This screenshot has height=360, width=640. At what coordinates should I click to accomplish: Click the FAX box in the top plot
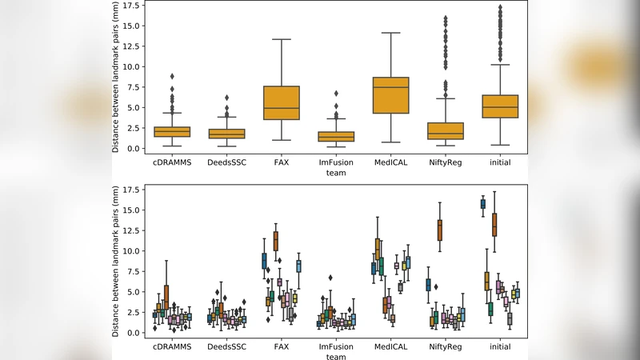point(282,102)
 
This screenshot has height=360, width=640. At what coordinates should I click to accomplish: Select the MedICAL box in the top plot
point(392,95)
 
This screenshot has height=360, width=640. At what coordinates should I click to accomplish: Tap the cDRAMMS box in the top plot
point(172,132)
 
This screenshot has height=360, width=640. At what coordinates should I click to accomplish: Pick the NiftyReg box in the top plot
point(446,130)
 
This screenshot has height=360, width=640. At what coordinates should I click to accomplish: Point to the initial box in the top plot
point(501,106)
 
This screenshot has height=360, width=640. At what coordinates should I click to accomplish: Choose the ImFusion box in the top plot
point(337,136)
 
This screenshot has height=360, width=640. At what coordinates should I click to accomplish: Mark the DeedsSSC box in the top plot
point(227,134)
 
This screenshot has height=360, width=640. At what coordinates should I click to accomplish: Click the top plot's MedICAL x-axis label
point(392,163)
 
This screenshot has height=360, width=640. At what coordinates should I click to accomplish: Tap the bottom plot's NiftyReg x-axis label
point(446,347)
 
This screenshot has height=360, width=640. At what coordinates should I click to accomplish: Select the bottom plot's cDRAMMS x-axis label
point(172,347)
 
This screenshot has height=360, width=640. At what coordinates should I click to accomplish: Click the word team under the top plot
point(337,174)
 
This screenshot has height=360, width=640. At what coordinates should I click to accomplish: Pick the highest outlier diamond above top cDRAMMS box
point(172,77)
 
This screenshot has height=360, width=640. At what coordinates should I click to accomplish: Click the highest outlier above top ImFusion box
point(337,94)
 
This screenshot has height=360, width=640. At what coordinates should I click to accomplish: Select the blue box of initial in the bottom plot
point(482,204)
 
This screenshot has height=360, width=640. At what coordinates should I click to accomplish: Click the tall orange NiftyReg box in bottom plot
point(438,230)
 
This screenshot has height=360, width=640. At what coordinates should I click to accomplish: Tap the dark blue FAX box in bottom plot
point(264,261)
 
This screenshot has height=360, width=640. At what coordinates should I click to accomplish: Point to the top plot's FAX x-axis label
point(282,163)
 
